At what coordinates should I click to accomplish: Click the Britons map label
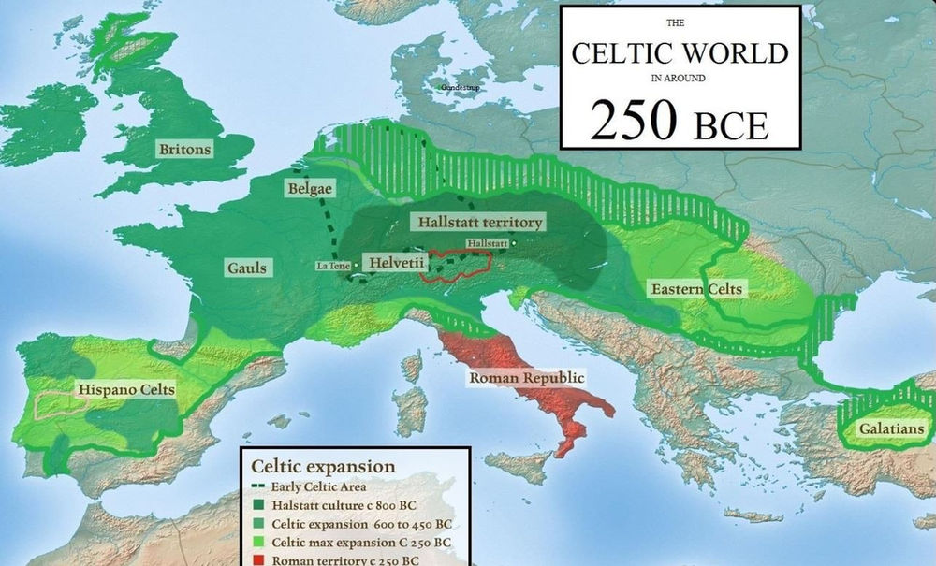click(184, 149)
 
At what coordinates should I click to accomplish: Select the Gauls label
click(247, 268)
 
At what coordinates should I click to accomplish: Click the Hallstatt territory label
click(477, 223)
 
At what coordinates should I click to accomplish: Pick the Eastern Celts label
click(696, 289)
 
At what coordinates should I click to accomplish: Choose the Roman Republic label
click(527, 378)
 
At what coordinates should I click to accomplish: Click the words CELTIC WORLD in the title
click(680, 52)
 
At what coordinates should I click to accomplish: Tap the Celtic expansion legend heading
click(323, 466)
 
